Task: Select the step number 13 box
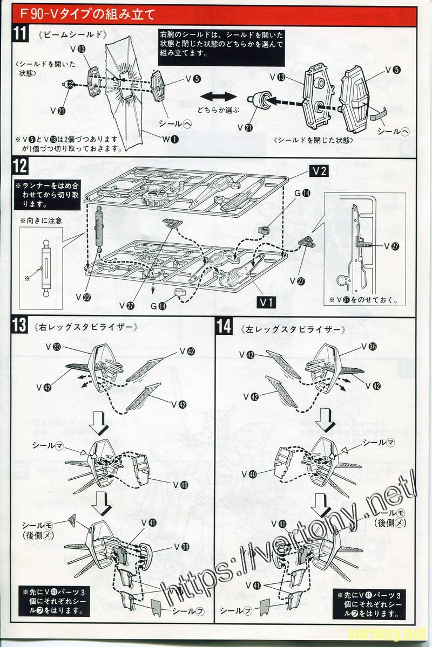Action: pos(20,326)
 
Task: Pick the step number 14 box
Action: pos(224,326)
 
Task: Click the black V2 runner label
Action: pos(319,171)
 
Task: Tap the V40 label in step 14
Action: pos(249,474)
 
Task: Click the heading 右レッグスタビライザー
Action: pos(84,327)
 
